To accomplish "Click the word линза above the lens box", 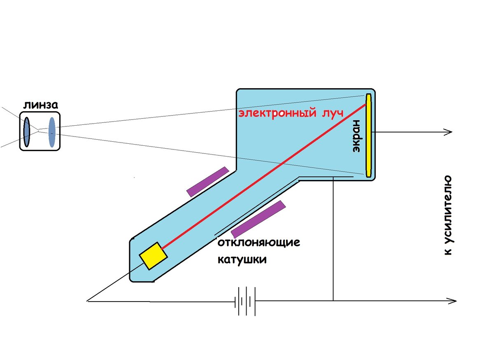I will tap(40, 105).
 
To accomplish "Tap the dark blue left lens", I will tap(27, 132).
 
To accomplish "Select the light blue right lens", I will tap(52, 132).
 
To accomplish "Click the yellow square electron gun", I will tap(153, 256).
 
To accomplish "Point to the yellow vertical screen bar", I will tap(368, 136).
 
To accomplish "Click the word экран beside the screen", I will tap(357, 136).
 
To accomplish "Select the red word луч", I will tap(332, 113).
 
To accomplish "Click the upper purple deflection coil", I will tap(207, 181).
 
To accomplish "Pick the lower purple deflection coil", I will tap(258, 218).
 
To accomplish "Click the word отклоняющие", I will tap(259, 242).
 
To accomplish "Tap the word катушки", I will tap(242, 260).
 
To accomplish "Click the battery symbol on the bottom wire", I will tap(245, 301).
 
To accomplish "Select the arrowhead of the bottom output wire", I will tap(454, 301).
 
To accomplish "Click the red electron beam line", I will tap(263, 177).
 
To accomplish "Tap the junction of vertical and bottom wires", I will tap(333, 301).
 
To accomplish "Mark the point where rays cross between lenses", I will tap(39, 130).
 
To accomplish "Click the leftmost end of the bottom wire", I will tap(88, 301).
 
